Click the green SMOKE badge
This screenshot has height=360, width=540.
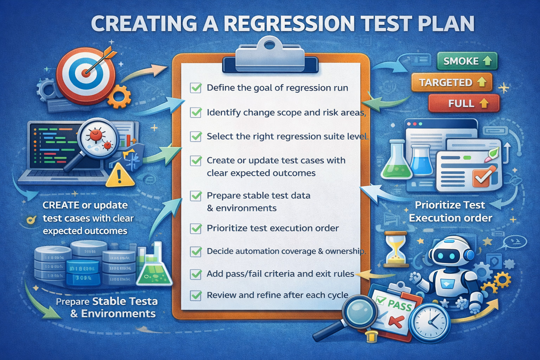467,61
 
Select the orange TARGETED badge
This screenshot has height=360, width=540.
452,82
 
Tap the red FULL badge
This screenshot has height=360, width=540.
464,103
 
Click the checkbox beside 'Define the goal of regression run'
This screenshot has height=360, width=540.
196,88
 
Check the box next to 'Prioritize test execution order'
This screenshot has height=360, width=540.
196,229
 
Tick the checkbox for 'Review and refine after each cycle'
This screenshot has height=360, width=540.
196,295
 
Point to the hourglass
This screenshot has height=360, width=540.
396,249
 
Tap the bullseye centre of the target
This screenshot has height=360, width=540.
85,73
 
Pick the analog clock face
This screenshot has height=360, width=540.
431,322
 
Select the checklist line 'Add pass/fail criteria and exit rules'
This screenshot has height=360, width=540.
280,274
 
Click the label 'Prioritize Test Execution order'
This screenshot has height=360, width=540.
450,211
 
